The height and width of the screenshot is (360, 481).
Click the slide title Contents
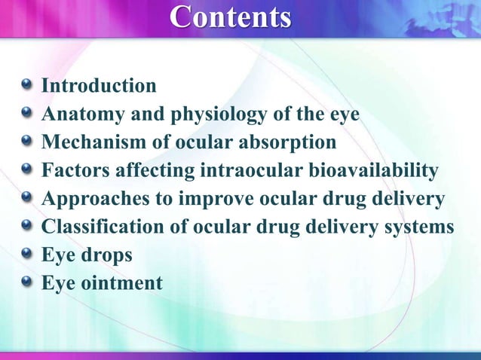coord(230,17)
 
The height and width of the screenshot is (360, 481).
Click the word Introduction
coord(99,86)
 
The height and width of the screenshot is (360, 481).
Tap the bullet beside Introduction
coord(27,85)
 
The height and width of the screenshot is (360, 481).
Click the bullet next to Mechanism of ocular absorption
coord(27,142)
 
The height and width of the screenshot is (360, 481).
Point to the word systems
coord(418,228)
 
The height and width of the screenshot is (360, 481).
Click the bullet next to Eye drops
coord(27,255)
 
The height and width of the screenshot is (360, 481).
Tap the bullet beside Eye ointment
coord(27,282)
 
